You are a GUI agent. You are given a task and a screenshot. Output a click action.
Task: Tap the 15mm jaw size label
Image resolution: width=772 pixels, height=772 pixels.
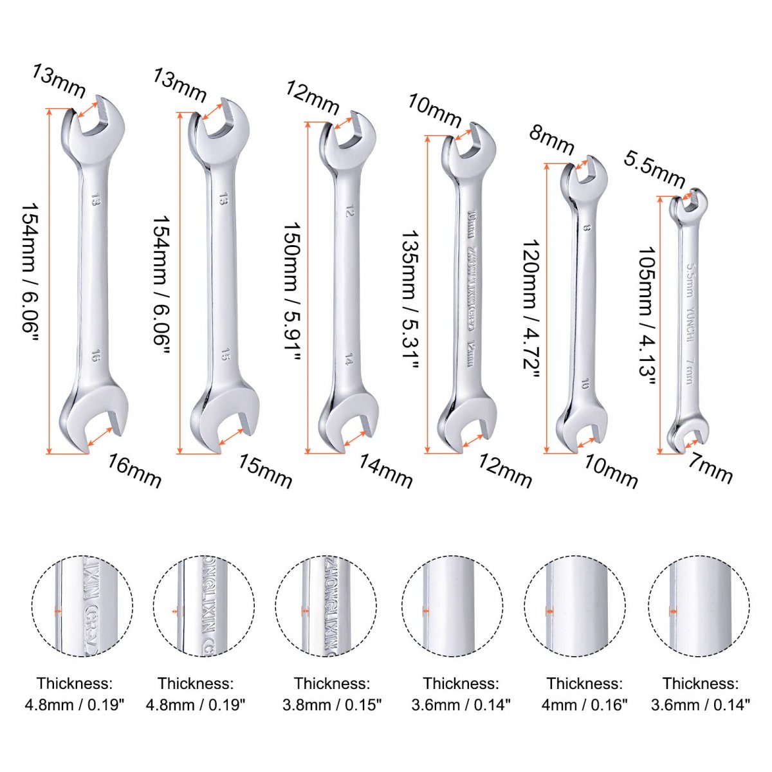pyautogui.click(x=265, y=471)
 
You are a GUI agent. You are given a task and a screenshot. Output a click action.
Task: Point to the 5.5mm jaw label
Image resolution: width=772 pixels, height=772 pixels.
pyautogui.click(x=654, y=169)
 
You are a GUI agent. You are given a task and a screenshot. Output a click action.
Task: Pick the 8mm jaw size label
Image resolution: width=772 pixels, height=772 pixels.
pyautogui.click(x=551, y=141)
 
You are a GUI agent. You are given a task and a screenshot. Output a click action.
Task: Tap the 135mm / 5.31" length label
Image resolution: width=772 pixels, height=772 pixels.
pyautogui.click(x=411, y=300)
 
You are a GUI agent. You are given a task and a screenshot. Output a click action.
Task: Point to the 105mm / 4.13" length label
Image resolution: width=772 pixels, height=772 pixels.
pyautogui.click(x=647, y=316)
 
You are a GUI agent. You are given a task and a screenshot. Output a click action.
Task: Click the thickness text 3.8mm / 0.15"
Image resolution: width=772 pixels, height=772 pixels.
pyautogui.click(x=332, y=705)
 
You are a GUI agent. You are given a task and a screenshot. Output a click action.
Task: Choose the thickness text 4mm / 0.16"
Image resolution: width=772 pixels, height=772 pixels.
pyautogui.click(x=584, y=705)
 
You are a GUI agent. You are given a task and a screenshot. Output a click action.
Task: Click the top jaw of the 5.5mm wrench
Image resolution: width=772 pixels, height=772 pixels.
pyautogui.click(x=689, y=203)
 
